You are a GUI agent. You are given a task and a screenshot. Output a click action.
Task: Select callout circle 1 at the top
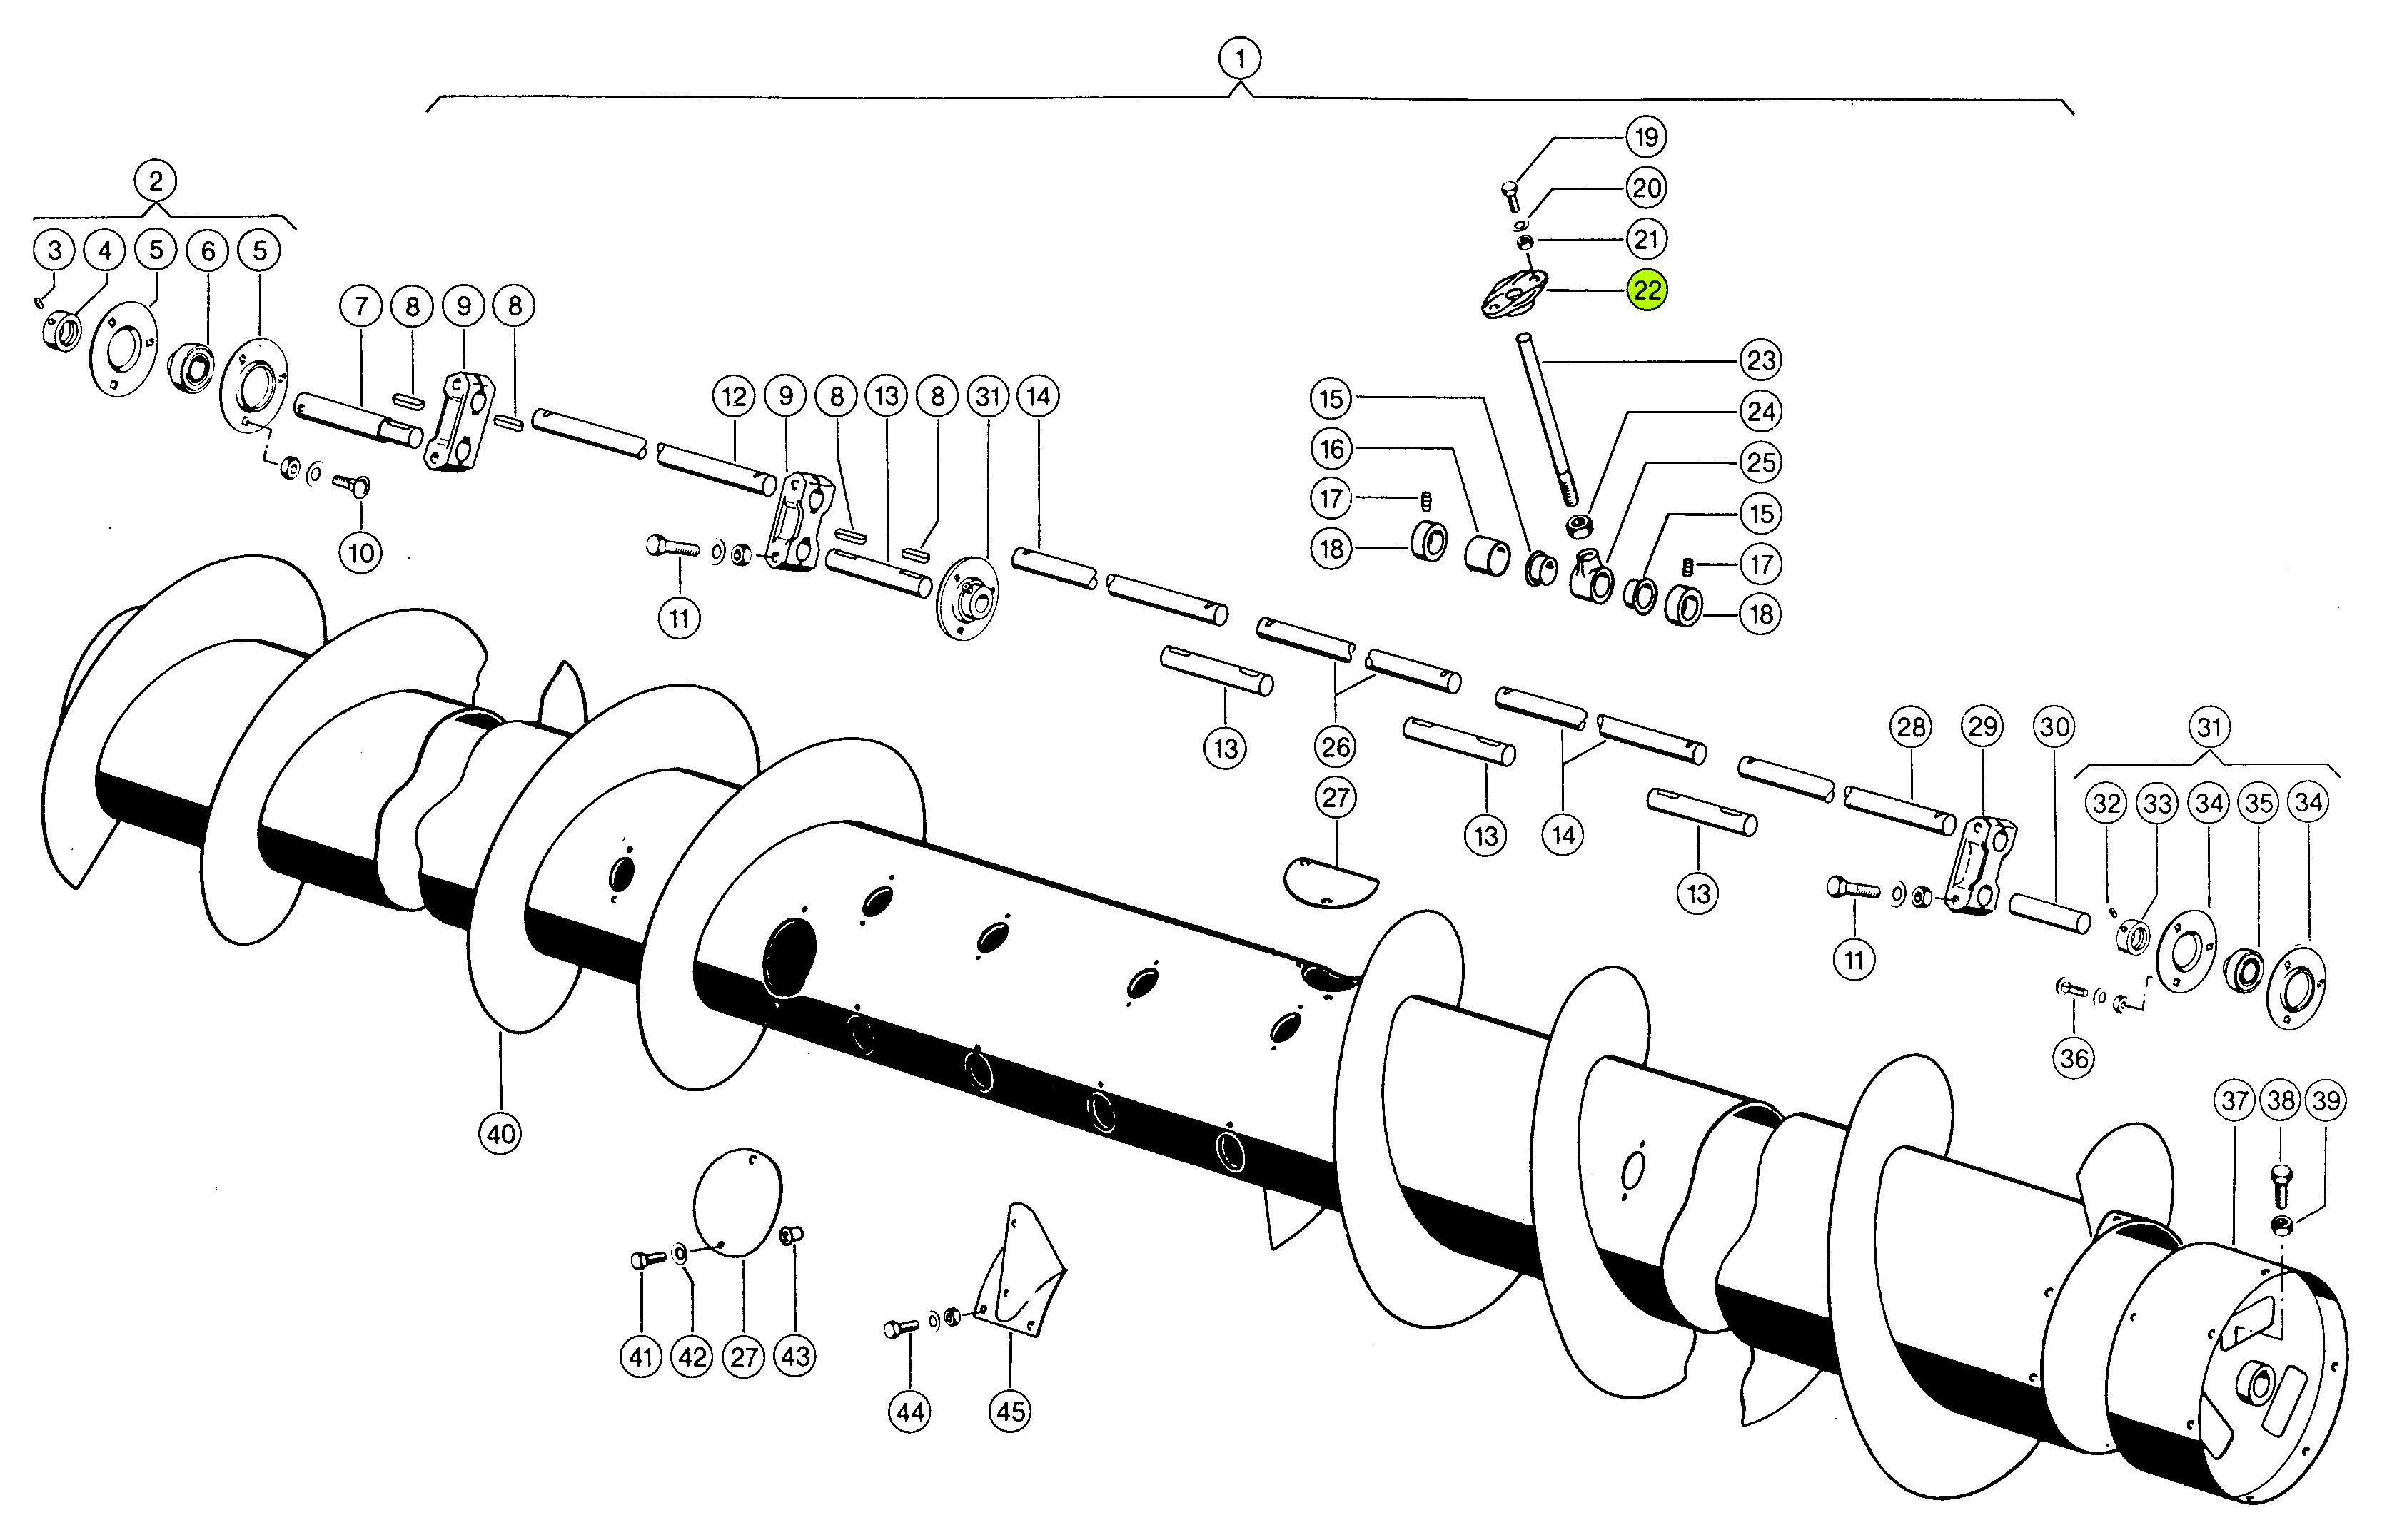click(x=1239, y=59)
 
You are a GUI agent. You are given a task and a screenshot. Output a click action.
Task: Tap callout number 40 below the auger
click(x=500, y=1133)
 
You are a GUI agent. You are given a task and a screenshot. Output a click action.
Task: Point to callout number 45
click(x=1010, y=1412)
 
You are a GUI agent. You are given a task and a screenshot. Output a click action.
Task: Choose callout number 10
click(x=361, y=552)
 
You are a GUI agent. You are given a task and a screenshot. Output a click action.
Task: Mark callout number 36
click(x=2074, y=1058)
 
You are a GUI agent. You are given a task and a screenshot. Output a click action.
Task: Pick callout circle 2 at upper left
click(x=156, y=181)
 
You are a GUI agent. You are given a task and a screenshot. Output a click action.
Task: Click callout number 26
click(x=1335, y=746)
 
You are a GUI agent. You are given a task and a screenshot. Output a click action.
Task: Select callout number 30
click(x=2054, y=726)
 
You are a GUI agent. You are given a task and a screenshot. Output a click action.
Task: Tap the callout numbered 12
click(x=734, y=397)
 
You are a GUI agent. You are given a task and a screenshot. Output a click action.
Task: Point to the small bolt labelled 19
click(x=1510, y=193)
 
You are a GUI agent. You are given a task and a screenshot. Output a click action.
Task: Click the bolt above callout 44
click(x=900, y=1329)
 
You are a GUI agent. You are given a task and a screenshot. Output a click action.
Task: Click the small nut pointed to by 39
click(x=2281, y=1225)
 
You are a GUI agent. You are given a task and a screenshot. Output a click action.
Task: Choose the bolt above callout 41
click(x=646, y=1259)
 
